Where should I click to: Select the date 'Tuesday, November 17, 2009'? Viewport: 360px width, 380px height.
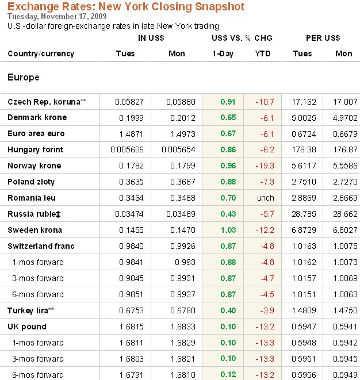(54, 17)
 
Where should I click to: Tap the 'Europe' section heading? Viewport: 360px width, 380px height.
(24, 77)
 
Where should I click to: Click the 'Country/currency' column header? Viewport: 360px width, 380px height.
(41, 53)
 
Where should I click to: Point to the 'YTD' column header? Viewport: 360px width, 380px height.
(262, 53)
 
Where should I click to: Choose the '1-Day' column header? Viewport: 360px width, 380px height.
(223, 53)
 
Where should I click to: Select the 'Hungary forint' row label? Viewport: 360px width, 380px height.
(36, 149)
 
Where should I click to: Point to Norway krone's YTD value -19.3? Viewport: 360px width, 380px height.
(265, 166)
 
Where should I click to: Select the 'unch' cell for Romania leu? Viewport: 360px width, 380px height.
(265, 198)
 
